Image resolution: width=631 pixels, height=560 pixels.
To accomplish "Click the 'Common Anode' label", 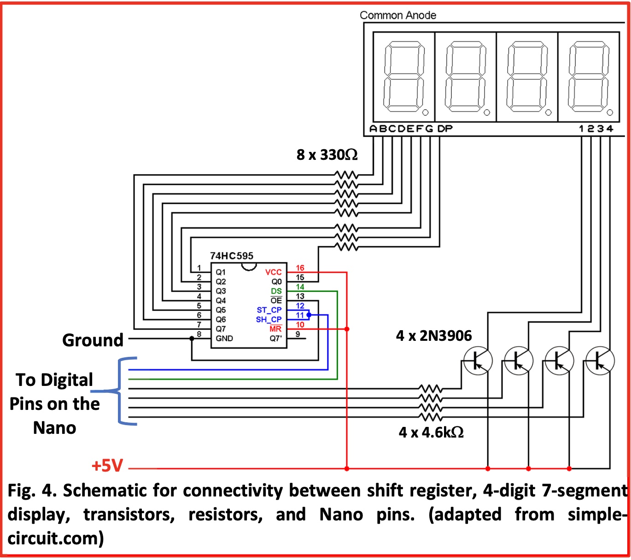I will click(x=397, y=15).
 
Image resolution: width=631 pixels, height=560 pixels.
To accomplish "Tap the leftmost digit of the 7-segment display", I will click(x=404, y=77).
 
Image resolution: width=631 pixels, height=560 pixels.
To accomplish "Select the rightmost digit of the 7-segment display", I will click(x=588, y=77).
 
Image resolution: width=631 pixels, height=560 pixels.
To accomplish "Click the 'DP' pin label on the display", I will click(x=445, y=129).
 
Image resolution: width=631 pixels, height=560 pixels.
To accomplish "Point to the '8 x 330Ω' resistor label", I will click(x=327, y=155).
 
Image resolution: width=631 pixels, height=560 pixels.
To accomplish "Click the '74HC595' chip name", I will click(x=232, y=256).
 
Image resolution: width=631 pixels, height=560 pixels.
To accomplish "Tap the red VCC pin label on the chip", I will click(x=273, y=272).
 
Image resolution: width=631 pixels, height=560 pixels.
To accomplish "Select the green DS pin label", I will click(x=276, y=291).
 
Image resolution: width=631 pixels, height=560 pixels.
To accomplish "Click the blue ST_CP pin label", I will click(x=269, y=310).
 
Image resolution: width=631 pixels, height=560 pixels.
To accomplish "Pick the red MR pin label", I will click(x=275, y=329).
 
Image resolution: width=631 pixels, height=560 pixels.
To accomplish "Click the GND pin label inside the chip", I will click(x=224, y=338).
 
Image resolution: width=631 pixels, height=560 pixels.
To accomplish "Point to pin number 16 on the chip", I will click(x=300, y=268).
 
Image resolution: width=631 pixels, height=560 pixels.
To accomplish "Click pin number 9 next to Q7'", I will click(x=298, y=334).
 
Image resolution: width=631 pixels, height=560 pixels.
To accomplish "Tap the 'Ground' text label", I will click(x=93, y=340).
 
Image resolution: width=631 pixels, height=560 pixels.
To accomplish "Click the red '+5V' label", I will click(x=107, y=466).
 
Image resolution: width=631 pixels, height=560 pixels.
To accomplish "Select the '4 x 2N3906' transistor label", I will click(x=434, y=336).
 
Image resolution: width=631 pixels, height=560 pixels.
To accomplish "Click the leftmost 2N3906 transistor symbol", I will click(x=477, y=361).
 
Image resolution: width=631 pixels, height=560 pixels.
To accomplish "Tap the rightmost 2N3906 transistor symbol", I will click(x=600, y=361).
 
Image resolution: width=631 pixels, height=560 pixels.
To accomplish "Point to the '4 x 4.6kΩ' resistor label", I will click(x=431, y=432).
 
